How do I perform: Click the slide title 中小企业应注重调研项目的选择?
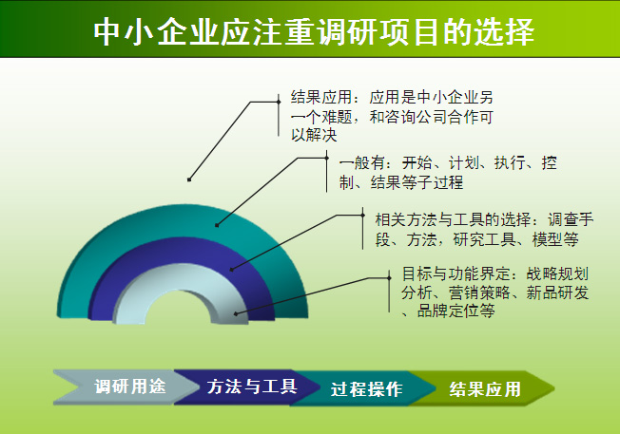[x=314, y=31]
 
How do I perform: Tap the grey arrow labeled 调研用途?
[x=126, y=387]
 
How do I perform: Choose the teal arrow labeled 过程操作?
[x=364, y=388]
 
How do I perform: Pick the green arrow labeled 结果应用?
[x=482, y=388]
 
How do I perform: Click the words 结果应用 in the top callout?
[x=321, y=97]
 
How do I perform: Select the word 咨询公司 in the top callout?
[x=416, y=117]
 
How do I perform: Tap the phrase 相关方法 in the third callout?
[x=406, y=219]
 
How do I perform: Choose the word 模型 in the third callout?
[x=548, y=239]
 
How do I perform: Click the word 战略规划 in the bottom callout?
[x=557, y=274]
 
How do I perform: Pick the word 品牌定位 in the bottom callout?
[x=448, y=311]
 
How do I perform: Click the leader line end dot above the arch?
[x=189, y=179]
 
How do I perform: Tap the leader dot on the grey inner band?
[x=236, y=314]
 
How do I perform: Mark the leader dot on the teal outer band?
[x=217, y=225]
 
